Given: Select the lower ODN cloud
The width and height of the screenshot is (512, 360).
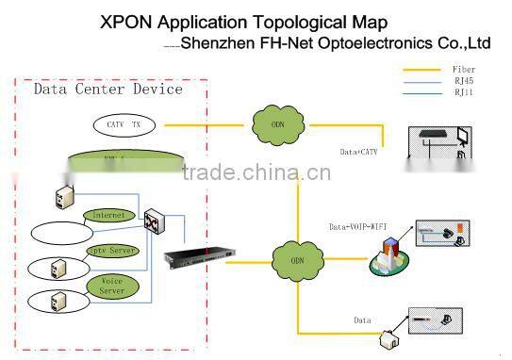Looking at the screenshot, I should (296, 259).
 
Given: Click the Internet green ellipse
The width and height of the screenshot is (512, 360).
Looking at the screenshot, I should (107, 215).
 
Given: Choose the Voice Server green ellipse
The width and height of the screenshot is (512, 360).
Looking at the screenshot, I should (112, 286).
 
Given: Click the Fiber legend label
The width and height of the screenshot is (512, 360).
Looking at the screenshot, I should (463, 69).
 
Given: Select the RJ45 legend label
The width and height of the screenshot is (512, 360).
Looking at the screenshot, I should (463, 81).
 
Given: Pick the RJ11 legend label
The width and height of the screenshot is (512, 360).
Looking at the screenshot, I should (463, 92).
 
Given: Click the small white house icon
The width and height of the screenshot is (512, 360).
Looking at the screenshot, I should (387, 337).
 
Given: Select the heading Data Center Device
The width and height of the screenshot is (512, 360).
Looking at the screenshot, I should (107, 90).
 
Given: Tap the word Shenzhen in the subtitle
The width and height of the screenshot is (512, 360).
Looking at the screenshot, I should (214, 42).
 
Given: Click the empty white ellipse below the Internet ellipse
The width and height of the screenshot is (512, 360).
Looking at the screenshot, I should (62, 232).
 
